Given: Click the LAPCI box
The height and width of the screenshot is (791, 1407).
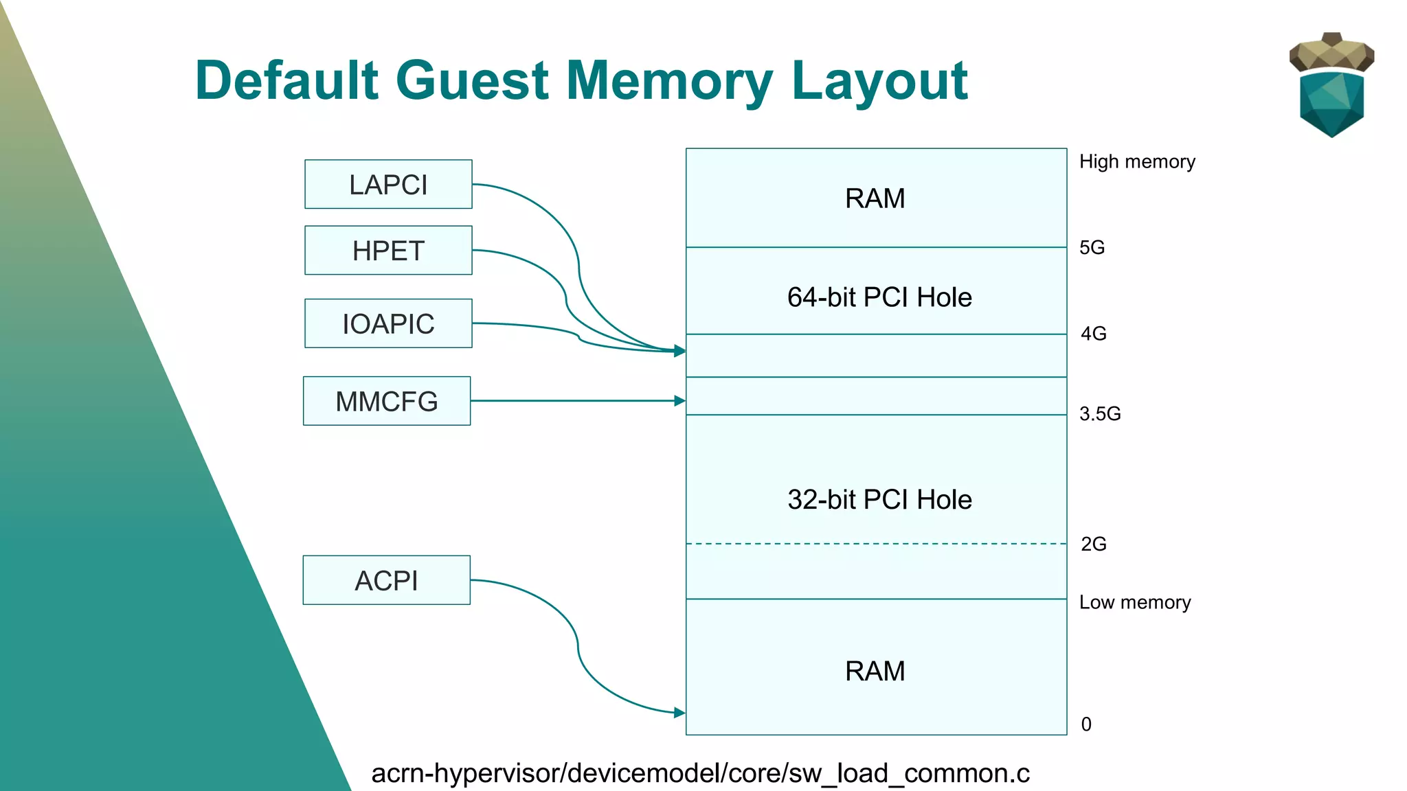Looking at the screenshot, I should [388, 185].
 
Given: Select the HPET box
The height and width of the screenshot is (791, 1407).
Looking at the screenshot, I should [388, 251].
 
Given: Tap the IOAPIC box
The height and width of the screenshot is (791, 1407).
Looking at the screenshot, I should [388, 323].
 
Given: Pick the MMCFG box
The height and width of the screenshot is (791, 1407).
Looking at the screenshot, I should [387, 401].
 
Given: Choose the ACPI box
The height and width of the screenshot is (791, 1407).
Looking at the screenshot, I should [386, 580].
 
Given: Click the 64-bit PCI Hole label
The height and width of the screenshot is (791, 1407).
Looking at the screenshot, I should [879, 297].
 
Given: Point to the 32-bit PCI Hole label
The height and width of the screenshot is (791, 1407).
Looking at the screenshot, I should [879, 499].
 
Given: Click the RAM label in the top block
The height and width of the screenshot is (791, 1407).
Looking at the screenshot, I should [875, 198].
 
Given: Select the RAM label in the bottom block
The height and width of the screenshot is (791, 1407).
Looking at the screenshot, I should [875, 671].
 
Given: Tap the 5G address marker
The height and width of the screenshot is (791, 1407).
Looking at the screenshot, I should [1092, 247].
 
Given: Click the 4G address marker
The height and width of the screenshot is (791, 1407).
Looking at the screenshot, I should [1093, 334].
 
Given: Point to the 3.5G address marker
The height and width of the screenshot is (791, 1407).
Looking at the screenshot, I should [1099, 413].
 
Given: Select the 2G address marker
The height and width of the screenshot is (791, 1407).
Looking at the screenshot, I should [1093, 544].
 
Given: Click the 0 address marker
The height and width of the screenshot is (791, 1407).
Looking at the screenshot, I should [1086, 724].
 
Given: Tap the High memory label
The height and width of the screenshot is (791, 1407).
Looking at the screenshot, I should [1137, 161].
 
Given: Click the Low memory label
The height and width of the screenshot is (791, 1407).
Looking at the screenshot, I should [1134, 602].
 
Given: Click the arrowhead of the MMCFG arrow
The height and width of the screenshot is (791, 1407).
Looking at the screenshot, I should [680, 401].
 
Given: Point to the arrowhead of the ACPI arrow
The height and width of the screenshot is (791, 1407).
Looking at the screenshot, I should [680, 713].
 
